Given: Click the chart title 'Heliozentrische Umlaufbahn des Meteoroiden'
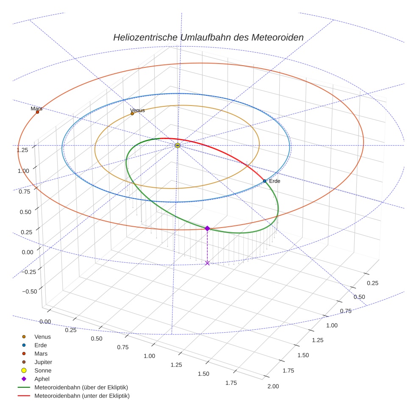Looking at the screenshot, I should point(208,37).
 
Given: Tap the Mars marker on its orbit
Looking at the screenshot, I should point(38,112).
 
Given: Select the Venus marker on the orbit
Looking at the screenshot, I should point(132,114).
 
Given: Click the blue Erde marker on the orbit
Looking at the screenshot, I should point(265,181).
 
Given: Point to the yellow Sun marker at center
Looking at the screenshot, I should point(178,145).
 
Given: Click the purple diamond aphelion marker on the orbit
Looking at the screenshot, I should point(207,228).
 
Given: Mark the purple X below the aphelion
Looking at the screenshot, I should point(207,263).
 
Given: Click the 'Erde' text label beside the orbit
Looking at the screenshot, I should point(275,181).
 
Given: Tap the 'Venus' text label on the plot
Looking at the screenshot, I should point(137,110).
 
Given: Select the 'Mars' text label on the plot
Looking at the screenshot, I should point(36,108).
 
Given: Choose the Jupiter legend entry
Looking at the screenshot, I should point(43,362).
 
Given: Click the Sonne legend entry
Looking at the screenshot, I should point(43,370).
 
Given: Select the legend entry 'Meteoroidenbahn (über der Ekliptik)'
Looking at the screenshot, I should point(81,387).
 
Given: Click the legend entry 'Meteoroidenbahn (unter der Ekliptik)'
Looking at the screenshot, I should point(82,396).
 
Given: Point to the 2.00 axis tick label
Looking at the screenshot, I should point(273,386).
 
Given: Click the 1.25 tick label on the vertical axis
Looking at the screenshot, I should point(22,150).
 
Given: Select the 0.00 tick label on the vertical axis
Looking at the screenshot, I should point(27,252).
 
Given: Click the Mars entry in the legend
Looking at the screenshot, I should point(41,353).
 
